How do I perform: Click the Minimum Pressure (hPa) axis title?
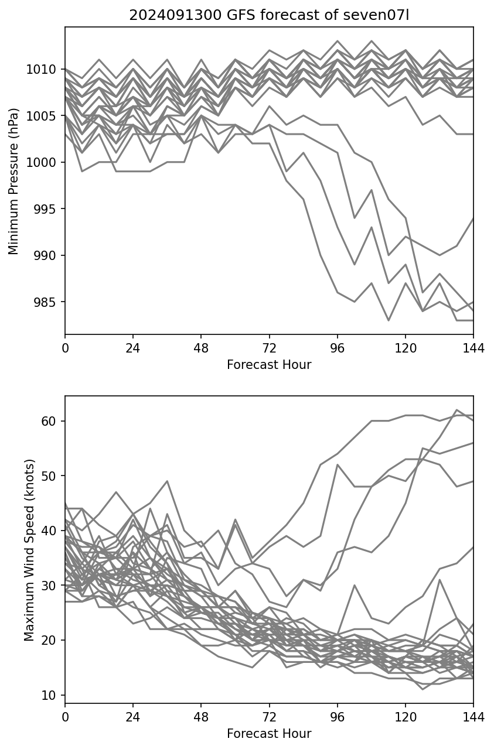click(14, 181)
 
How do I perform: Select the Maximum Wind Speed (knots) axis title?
click(29, 549)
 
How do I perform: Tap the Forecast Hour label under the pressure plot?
click(269, 365)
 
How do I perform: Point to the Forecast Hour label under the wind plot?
click(269, 734)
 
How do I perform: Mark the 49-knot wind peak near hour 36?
click(167, 481)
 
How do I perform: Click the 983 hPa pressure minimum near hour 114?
click(388, 320)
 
